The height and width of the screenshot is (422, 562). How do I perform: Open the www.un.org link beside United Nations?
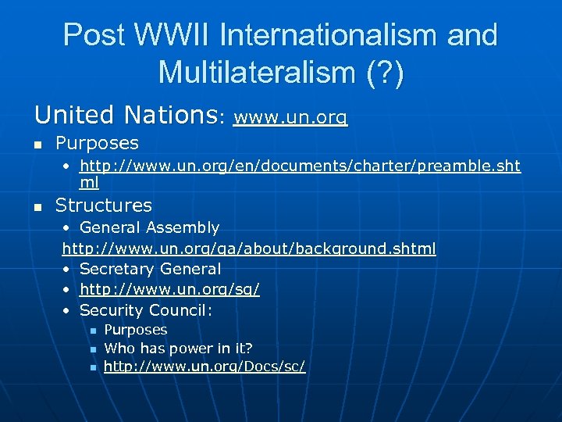[x=290, y=118]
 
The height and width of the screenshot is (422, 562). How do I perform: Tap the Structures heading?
[x=104, y=206]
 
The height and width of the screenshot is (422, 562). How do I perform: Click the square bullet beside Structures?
[x=38, y=207]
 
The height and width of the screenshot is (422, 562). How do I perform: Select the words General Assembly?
[x=149, y=227]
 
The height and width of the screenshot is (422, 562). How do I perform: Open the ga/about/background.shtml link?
[x=249, y=249]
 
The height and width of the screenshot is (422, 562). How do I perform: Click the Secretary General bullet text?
[x=150, y=269]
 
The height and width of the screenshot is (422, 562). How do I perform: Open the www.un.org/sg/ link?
[x=169, y=289]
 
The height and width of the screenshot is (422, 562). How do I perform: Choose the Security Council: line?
[x=147, y=310]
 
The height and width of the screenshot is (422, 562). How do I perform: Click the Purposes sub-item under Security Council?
[x=136, y=330]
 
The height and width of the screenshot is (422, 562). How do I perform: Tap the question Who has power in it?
[x=179, y=348]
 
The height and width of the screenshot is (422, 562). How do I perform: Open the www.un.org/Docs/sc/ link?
[x=205, y=366]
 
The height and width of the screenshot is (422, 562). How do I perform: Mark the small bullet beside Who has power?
[x=91, y=349]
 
